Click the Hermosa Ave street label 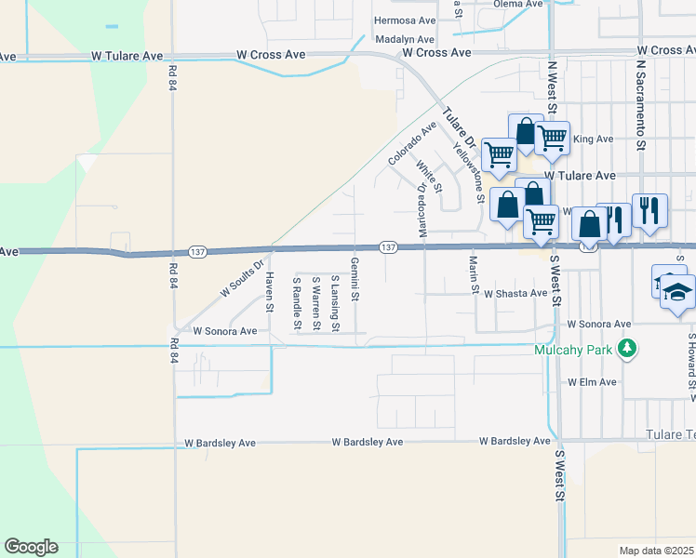(404, 20)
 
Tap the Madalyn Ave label (406, 40)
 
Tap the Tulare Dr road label (459, 129)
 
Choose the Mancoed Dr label (422, 209)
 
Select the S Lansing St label (335, 303)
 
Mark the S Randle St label (297, 303)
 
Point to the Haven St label (270, 292)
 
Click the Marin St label (474, 274)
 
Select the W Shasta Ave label (515, 293)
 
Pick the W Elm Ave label (593, 382)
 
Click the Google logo (31, 547)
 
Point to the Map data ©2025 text (656, 551)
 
